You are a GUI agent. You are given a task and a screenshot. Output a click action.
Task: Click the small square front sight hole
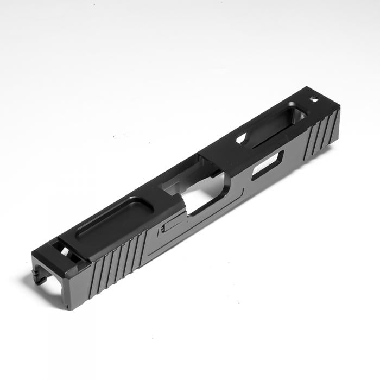point(314,99)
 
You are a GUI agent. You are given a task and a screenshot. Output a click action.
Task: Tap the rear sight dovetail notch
point(63,251)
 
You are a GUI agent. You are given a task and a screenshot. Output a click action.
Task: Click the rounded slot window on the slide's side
point(267,165)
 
